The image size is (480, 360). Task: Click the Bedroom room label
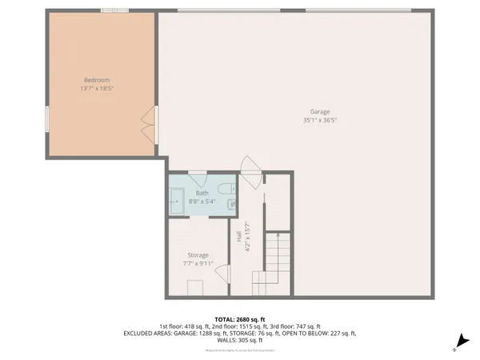(x=97, y=79)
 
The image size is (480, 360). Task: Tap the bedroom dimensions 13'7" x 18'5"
(x=97, y=88)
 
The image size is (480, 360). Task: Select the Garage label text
(x=319, y=112)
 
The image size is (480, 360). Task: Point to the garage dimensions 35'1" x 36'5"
(x=319, y=121)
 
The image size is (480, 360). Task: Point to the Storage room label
(x=198, y=255)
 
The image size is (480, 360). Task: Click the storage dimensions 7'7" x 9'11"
(x=198, y=264)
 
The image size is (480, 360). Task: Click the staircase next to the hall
(x=273, y=264)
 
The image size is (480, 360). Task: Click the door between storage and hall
(x=221, y=272)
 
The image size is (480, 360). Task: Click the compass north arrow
(x=458, y=344)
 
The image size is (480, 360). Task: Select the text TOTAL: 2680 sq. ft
(x=239, y=318)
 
